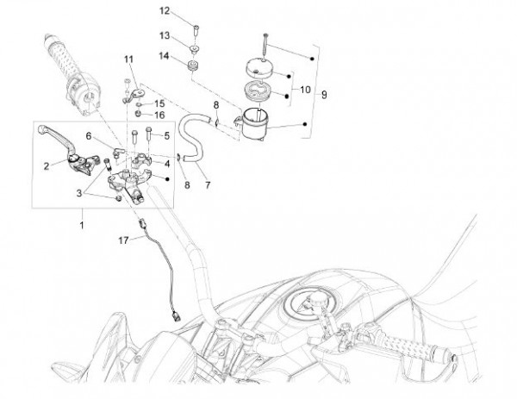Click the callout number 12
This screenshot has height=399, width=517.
click(x=165, y=11)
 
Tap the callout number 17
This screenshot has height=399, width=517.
click(x=123, y=240)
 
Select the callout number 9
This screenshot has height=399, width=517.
click(x=324, y=95)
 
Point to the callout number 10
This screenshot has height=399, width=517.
click(x=305, y=90)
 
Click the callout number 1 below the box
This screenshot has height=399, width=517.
click(x=82, y=225)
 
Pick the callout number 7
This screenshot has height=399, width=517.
click(x=208, y=185)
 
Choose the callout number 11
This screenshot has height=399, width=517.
click(x=129, y=59)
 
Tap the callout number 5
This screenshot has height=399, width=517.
click(x=167, y=135)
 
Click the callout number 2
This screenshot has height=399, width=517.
click(x=47, y=165)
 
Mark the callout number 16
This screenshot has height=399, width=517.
click(x=159, y=115)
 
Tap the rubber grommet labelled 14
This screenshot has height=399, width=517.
click(x=191, y=65)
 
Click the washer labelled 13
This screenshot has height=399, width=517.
click(x=195, y=50)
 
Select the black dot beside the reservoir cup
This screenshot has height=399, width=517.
click(x=305, y=124)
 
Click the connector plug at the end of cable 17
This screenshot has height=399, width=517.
click(x=176, y=316)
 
